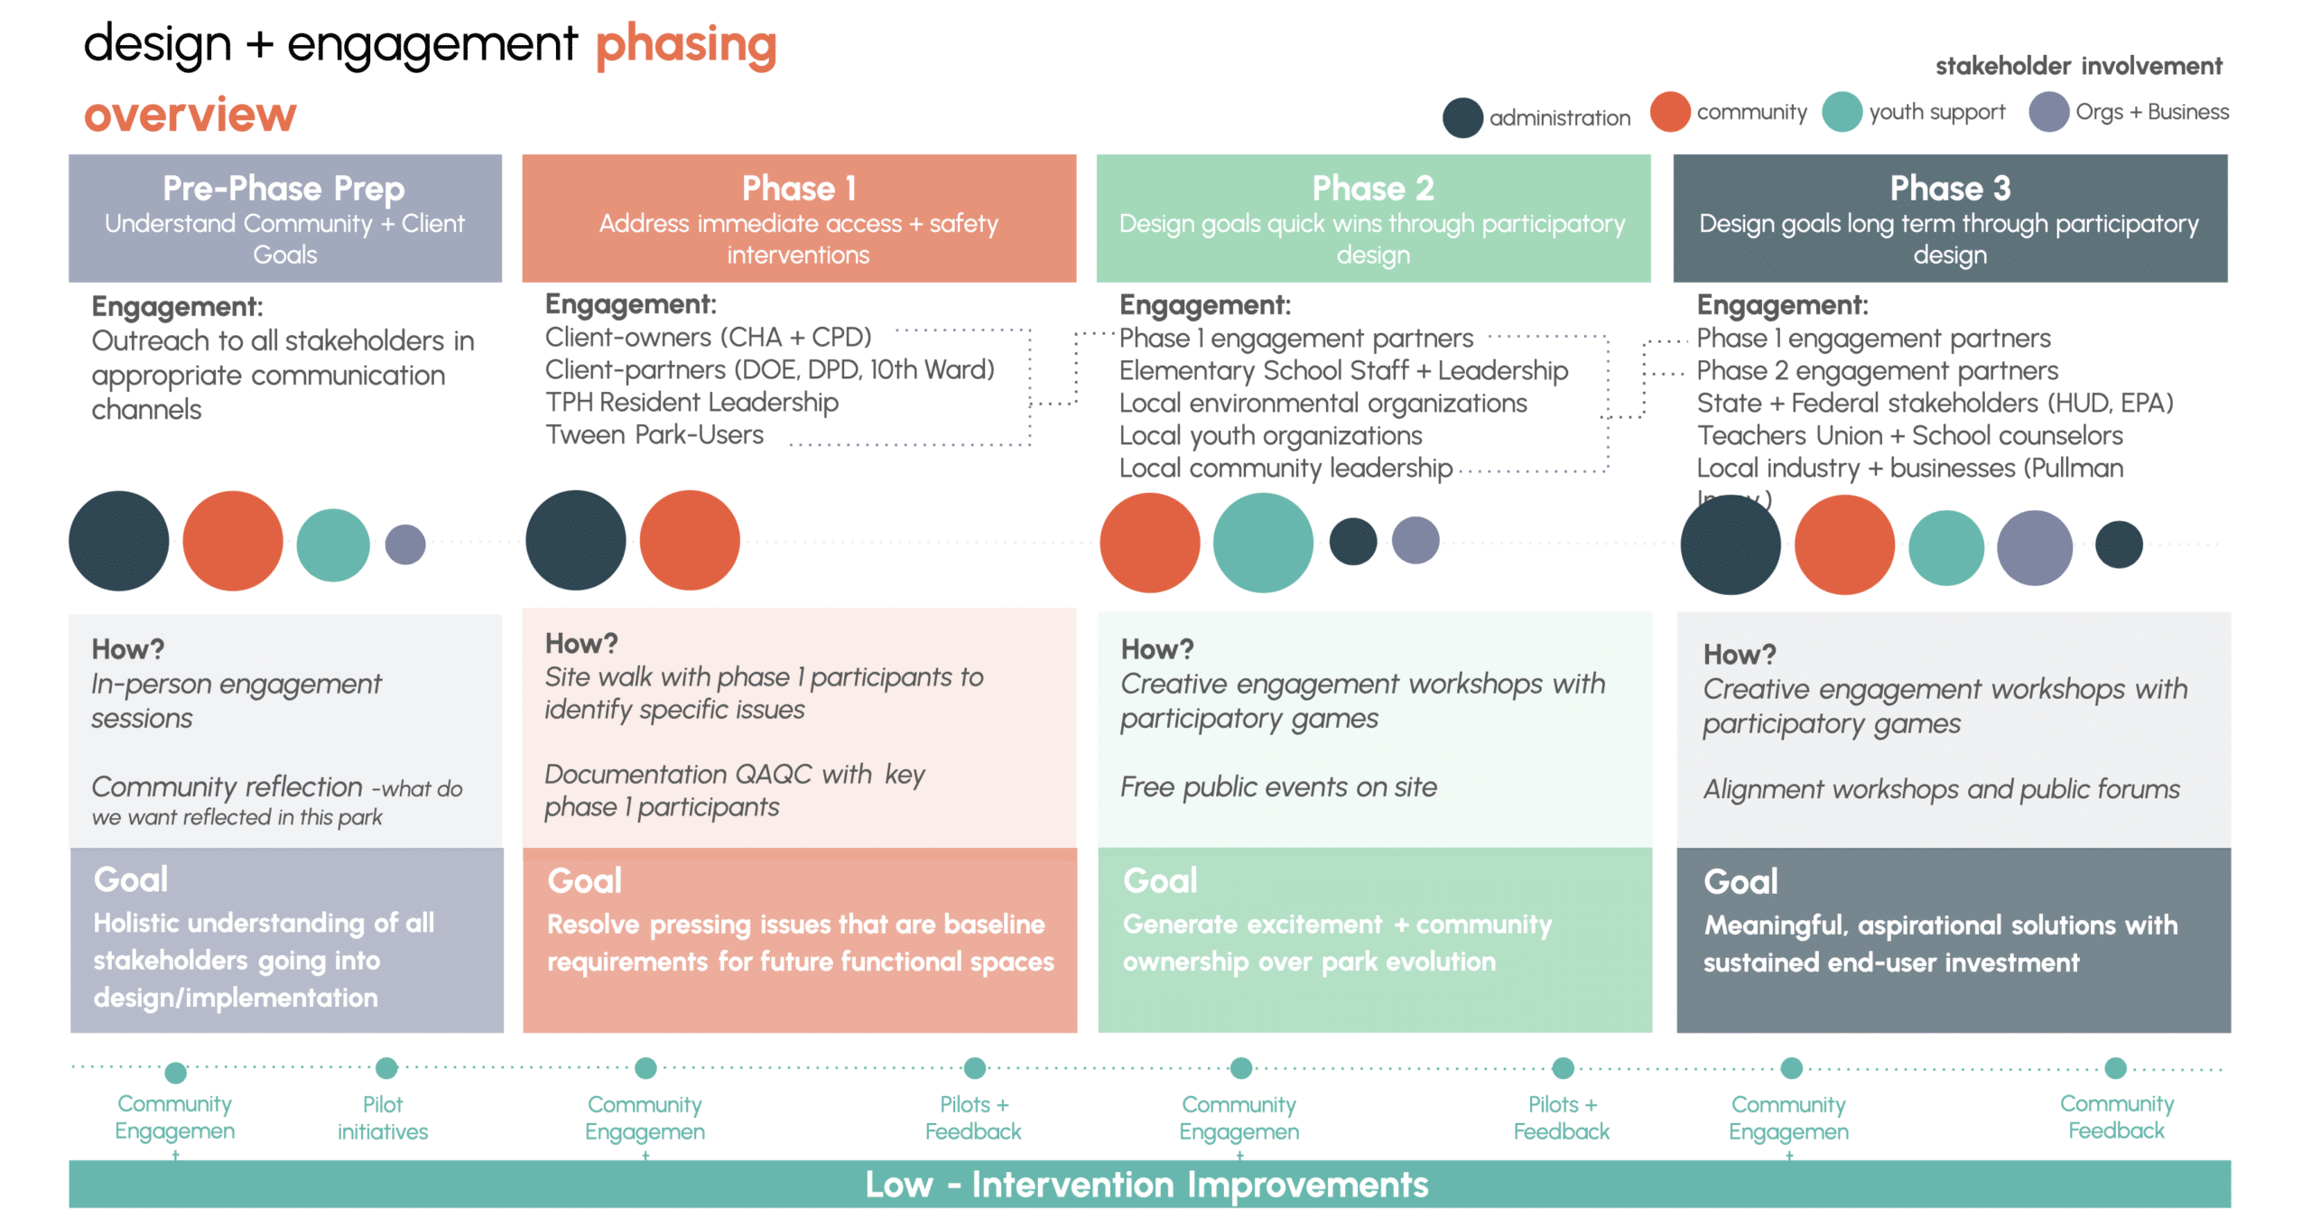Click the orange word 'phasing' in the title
[685, 45]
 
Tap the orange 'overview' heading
[190, 115]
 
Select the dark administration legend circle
[1462, 117]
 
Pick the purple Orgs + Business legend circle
[2048, 112]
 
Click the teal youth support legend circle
[1842, 112]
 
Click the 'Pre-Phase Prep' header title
[283, 188]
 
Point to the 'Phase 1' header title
[798, 188]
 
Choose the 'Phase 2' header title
[1372, 188]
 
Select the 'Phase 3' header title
[1950, 188]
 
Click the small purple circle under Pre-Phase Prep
[405, 544]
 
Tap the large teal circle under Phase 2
[1262, 543]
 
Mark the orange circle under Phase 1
[690, 541]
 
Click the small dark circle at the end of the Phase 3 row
[2119, 544]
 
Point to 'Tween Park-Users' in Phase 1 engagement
[654, 435]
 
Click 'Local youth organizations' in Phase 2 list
[1270, 436]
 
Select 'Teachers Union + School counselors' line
[1909, 436]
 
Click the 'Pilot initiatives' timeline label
[383, 1118]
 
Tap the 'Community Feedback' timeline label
[2116, 1117]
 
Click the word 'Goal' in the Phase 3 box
[1740, 882]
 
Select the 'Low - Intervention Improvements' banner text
[1146, 1185]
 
